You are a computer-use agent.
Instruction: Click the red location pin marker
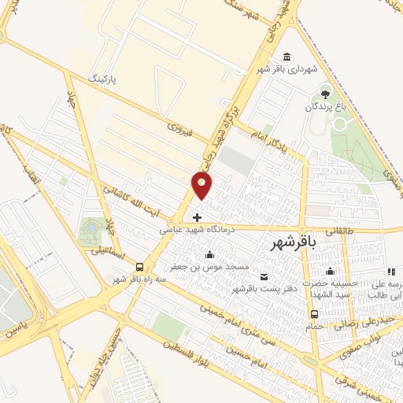(201, 185)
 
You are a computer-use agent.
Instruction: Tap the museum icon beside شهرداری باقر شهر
(287, 57)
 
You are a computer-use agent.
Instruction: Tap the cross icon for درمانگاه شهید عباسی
(197, 216)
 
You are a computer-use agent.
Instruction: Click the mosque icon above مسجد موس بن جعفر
(209, 254)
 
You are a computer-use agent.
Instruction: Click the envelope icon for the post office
(263, 276)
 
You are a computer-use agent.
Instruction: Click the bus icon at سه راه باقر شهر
(139, 267)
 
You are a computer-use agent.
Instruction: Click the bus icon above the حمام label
(315, 314)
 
